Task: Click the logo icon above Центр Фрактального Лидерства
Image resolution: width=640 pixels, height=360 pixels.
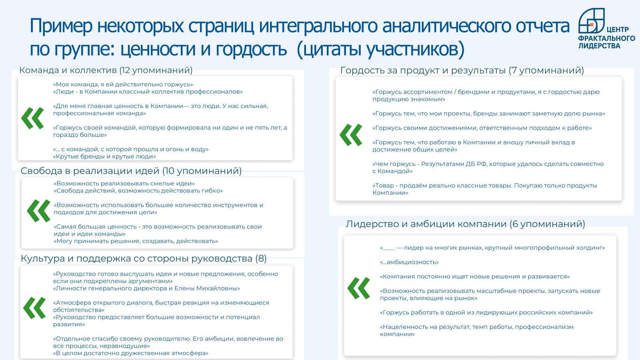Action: [x=591, y=20]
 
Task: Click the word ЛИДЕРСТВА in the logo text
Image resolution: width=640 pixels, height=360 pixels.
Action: [x=599, y=46]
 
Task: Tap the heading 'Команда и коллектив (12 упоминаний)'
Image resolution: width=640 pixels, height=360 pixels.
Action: [x=106, y=70]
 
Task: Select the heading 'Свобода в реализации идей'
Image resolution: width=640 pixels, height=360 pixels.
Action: [x=90, y=171]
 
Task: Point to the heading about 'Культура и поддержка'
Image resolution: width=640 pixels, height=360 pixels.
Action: [x=144, y=258]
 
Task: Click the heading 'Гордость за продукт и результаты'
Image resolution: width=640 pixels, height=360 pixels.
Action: [x=423, y=70]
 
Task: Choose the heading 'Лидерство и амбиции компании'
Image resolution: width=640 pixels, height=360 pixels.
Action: [x=426, y=224]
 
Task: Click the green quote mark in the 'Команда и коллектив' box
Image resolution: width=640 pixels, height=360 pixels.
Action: [x=32, y=118]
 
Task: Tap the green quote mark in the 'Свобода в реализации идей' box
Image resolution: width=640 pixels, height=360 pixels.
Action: [x=38, y=211]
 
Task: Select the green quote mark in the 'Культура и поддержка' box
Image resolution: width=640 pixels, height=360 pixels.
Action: [x=34, y=308]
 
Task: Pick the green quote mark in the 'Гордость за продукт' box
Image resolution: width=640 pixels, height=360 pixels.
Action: [x=351, y=135]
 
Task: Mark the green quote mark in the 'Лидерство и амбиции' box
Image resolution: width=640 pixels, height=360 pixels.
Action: [x=358, y=288]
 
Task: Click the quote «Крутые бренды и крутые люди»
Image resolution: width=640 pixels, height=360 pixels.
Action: [x=104, y=156]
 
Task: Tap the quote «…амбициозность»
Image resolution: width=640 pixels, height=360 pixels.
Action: [x=409, y=262]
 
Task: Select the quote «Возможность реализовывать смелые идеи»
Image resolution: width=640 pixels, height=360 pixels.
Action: [x=124, y=184]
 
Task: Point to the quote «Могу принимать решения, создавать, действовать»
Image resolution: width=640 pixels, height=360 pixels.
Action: [x=136, y=241]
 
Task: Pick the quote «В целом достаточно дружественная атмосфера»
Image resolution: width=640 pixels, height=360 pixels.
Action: [x=131, y=354]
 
